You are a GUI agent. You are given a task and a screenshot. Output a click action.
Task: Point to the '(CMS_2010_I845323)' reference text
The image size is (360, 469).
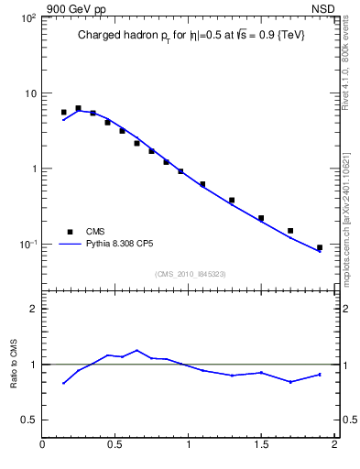(x=190, y=274)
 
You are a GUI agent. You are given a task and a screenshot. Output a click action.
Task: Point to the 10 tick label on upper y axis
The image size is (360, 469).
(x=29, y=93)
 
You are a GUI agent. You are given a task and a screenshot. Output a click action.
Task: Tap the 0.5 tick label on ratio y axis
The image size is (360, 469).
(x=27, y=420)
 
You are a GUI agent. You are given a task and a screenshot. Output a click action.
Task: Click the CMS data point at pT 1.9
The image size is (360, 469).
(x=319, y=247)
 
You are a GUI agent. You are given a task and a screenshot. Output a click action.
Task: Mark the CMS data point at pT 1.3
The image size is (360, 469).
(x=232, y=200)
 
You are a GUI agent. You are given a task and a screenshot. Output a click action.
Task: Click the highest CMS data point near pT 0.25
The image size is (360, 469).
(x=78, y=108)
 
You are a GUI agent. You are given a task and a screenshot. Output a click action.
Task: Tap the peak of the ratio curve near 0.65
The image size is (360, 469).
(x=137, y=350)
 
